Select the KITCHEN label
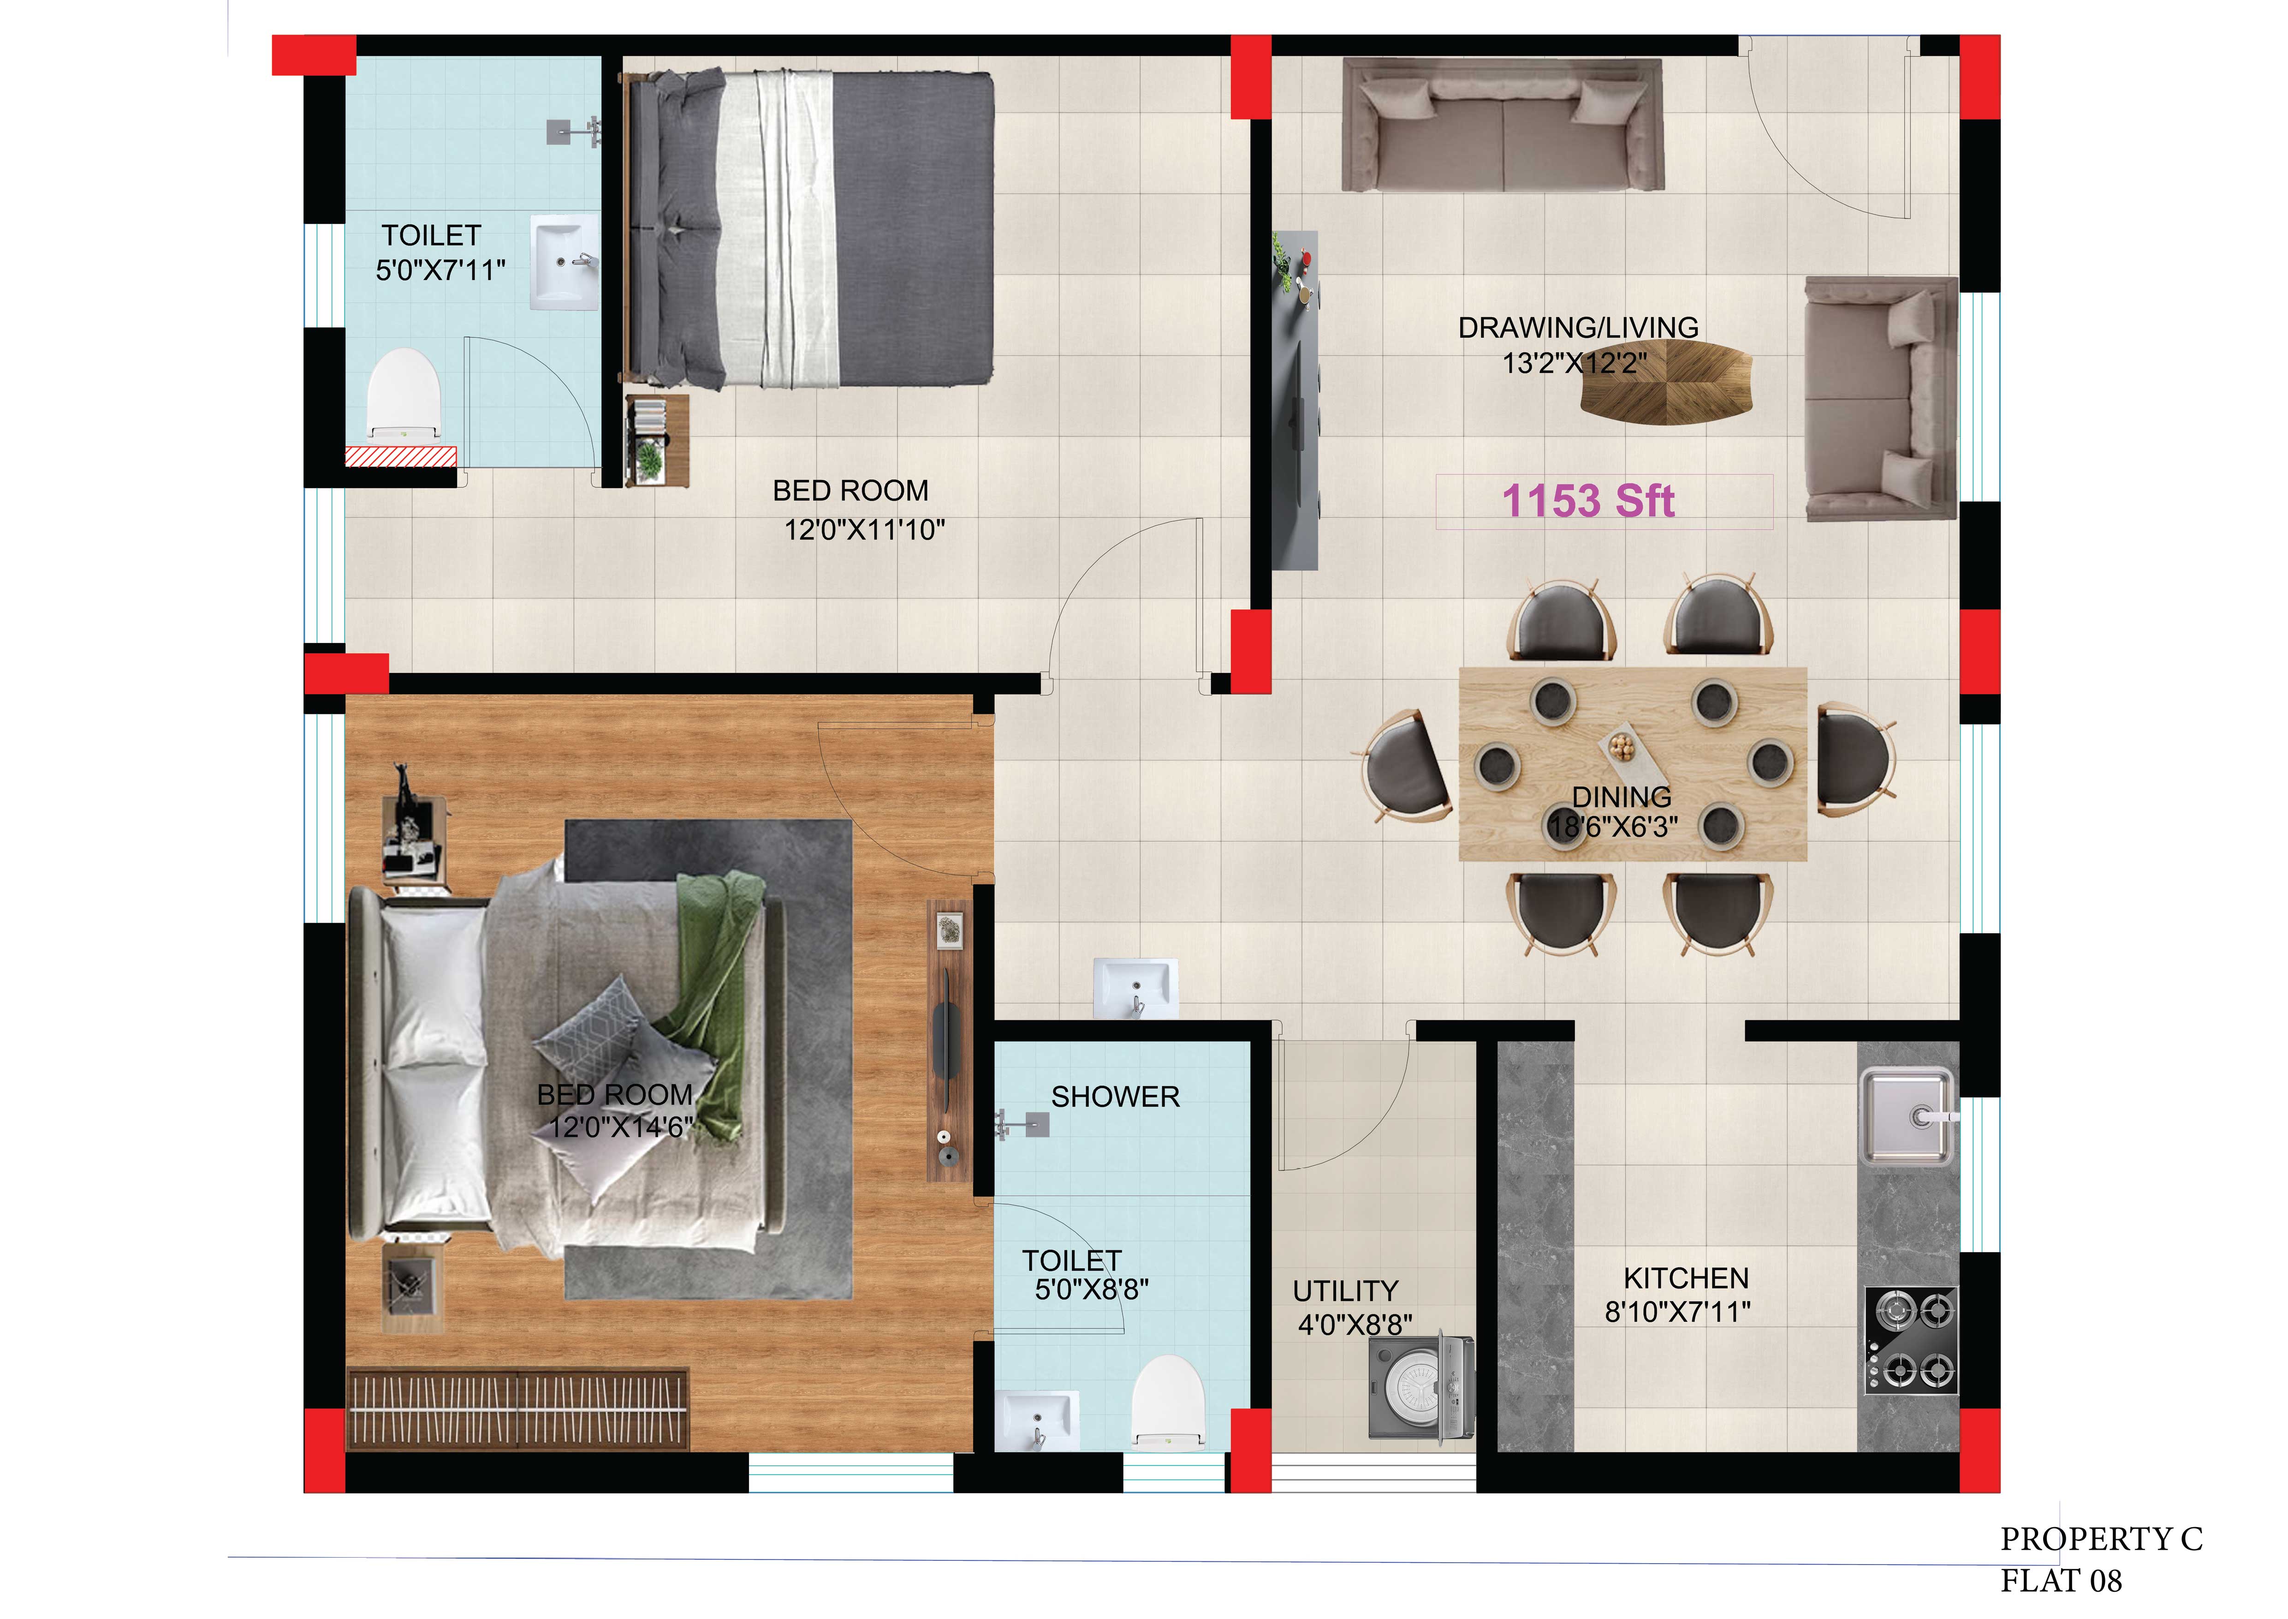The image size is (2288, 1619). [1686, 1278]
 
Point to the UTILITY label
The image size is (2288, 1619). [1345, 1291]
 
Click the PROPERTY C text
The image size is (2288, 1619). [2102, 1539]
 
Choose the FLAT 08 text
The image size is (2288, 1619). [2062, 1581]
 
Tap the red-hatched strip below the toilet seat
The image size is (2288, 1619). [401, 457]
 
